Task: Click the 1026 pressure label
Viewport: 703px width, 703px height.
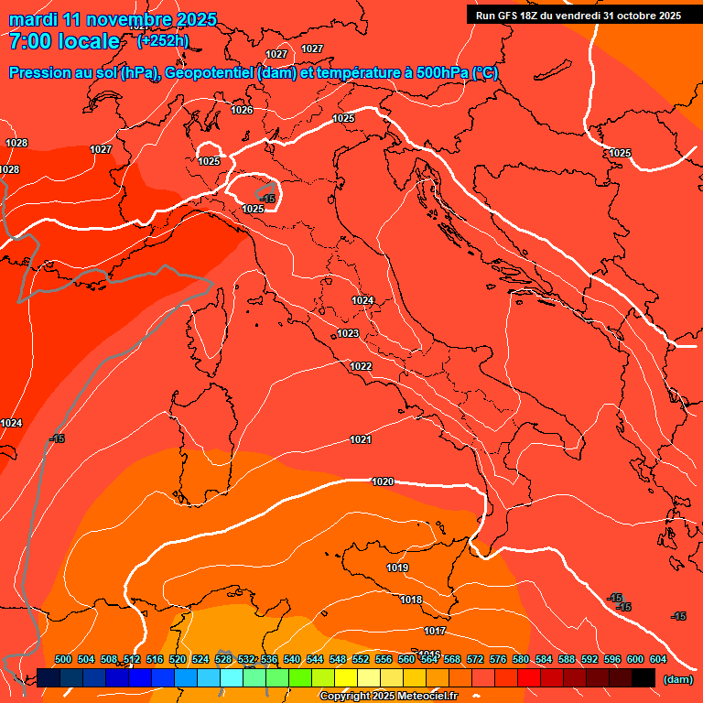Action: point(242,111)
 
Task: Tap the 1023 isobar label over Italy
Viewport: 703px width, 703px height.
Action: point(348,334)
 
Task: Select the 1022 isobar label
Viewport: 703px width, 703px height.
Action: point(361,367)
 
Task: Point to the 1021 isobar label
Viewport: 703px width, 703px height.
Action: point(361,440)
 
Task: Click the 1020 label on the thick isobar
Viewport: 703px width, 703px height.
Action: point(383,481)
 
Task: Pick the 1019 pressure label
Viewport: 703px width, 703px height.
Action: point(397,568)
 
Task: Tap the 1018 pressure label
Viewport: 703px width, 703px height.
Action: point(411,600)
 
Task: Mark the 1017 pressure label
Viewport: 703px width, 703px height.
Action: point(435,632)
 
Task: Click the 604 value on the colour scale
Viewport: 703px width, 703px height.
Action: point(657,659)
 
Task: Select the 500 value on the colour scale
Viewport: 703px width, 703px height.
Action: point(63,659)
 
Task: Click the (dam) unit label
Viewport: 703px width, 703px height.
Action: point(677,679)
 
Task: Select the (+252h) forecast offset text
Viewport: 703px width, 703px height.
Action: point(163,41)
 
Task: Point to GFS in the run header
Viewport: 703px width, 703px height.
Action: point(513,16)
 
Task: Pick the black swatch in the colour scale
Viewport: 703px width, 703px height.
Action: point(644,677)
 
